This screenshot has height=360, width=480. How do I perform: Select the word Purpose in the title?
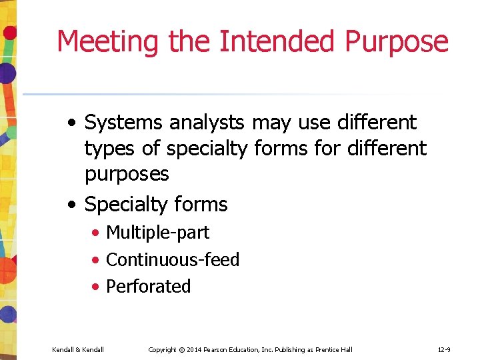tap(397, 41)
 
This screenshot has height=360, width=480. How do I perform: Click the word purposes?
tap(127, 175)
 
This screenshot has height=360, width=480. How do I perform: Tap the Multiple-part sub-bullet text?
tap(157, 233)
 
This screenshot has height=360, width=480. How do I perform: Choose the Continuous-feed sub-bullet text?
tap(173, 259)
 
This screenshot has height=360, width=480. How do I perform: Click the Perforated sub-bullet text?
tap(149, 286)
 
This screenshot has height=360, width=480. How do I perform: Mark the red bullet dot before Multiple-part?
tap(97, 233)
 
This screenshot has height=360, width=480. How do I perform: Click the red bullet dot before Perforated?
tap(97, 287)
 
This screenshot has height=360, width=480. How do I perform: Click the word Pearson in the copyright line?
tap(223, 349)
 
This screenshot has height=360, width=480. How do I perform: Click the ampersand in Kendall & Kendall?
tap(78, 349)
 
